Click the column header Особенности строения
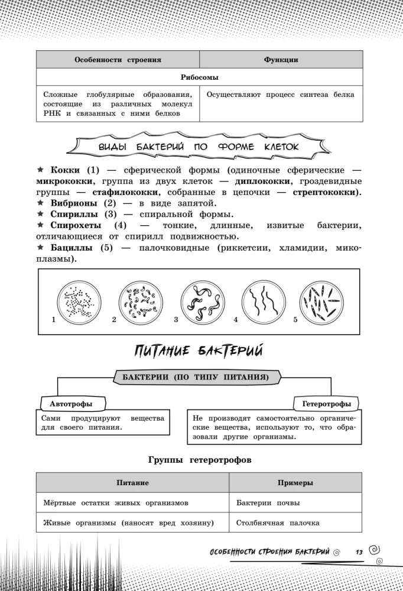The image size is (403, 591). coord(118,60)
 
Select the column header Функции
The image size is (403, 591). coord(281,60)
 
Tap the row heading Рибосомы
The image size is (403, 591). coord(199,77)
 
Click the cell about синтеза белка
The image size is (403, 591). coord(281,95)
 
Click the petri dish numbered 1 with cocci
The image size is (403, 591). coord(79,301)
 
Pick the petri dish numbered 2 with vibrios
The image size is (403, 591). coord(139,301)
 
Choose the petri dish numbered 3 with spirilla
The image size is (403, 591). coord(201,301)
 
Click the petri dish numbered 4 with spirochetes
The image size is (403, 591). coord(262,301)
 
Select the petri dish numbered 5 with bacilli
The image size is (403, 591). coord(322,301)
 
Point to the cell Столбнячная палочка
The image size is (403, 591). coord(278,522)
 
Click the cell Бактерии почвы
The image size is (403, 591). coord(268,503)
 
